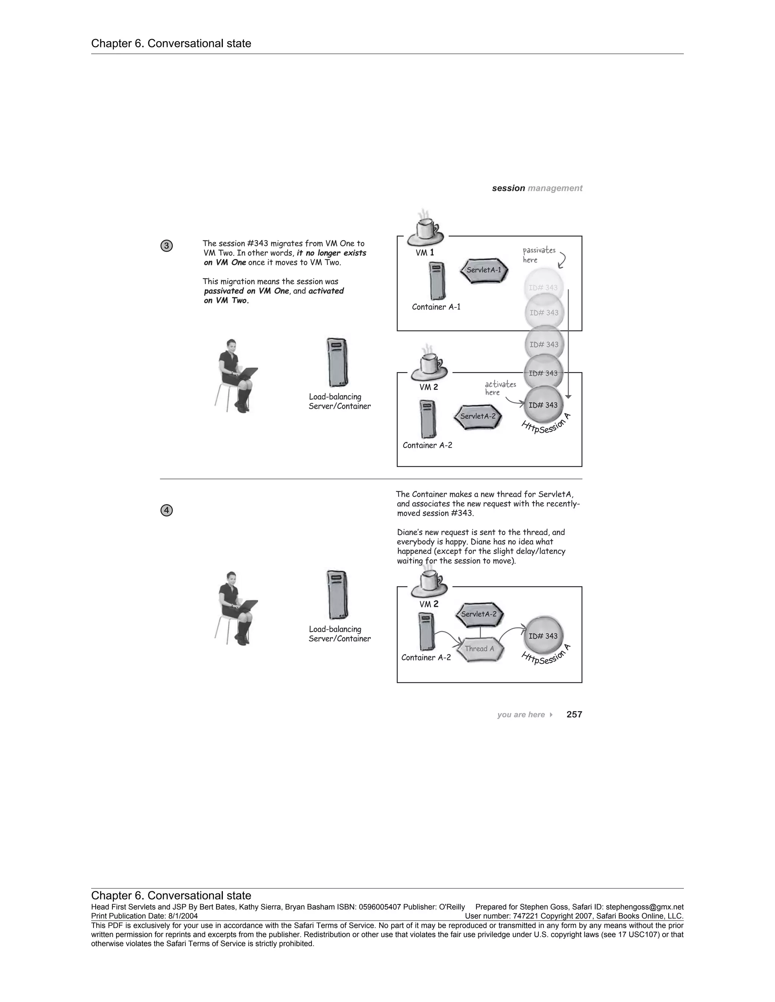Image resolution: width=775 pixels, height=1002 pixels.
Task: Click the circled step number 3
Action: point(167,246)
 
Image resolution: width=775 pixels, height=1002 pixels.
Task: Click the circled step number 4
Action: point(167,510)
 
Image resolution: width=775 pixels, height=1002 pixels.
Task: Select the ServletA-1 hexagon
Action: point(484,270)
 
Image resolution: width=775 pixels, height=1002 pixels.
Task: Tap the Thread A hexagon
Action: point(480,649)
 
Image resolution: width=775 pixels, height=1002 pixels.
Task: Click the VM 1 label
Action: point(425,253)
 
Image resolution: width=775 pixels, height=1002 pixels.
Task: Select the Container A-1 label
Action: point(436,307)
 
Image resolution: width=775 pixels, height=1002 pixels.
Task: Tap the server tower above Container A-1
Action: point(437,281)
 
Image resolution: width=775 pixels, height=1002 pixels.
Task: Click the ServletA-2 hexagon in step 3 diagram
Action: point(478,416)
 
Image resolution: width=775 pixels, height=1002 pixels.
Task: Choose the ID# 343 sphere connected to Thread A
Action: point(543,636)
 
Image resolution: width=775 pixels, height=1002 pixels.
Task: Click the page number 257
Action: point(574,714)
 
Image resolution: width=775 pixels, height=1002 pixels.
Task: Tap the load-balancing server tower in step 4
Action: point(337,595)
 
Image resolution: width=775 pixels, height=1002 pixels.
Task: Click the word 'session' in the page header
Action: point(508,188)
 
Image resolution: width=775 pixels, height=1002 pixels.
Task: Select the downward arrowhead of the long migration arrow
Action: point(568,396)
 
